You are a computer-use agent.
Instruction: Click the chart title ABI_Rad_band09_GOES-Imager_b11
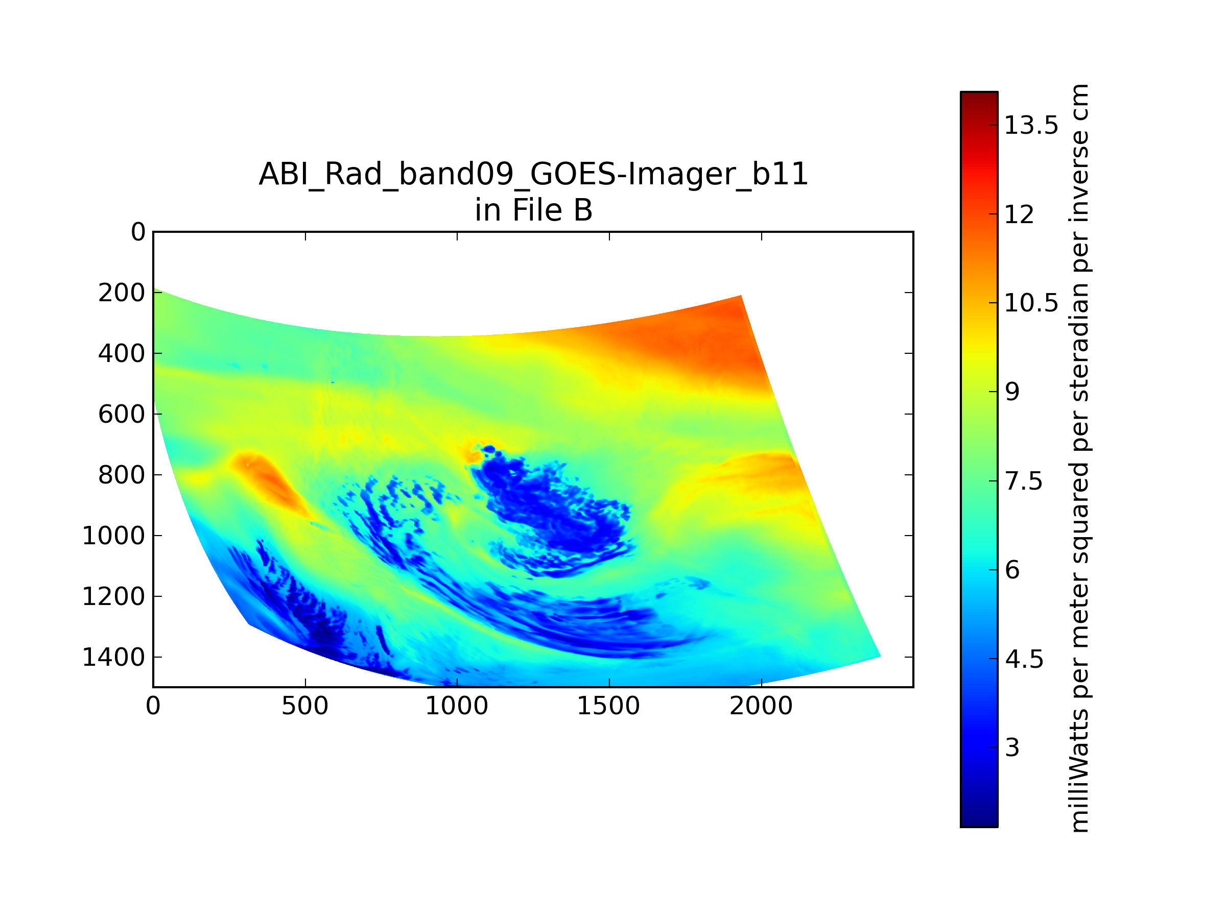coord(533,175)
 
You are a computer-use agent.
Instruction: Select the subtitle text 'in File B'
coord(533,210)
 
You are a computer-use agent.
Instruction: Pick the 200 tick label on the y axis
coord(122,293)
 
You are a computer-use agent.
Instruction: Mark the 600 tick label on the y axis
coord(122,415)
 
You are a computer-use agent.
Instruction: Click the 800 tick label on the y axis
coord(122,475)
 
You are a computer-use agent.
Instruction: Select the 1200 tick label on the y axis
coord(113,597)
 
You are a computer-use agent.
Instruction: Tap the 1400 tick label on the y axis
coord(113,658)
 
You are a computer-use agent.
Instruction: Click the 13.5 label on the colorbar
coord(1031,126)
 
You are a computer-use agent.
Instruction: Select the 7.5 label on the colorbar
coord(1024,481)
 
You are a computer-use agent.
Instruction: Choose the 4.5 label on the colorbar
coord(1024,659)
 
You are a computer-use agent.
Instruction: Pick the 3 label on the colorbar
coord(1012,748)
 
